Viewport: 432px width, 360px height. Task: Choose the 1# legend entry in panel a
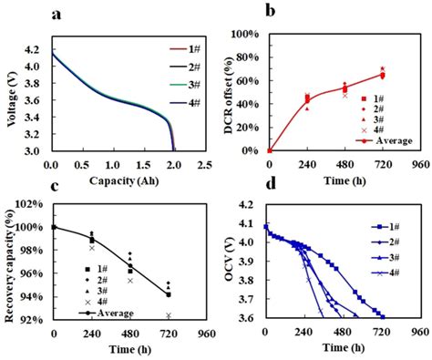coord(191,49)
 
